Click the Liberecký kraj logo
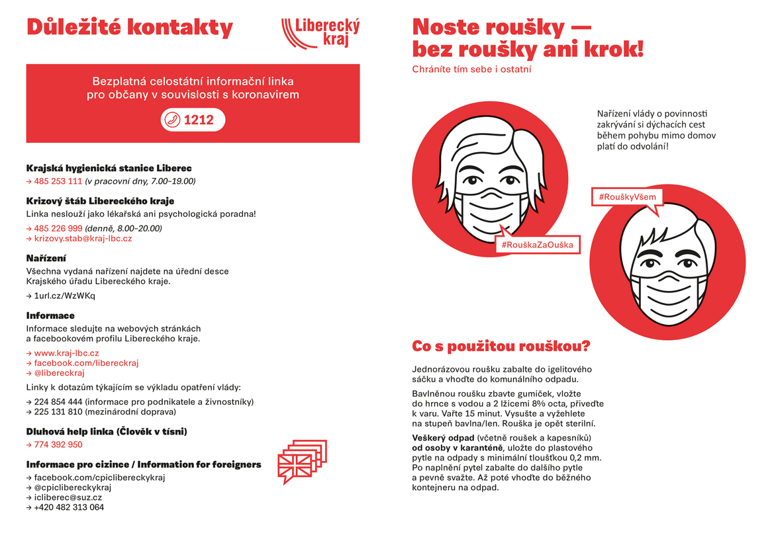point(320,32)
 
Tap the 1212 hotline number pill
point(193,120)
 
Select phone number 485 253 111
point(58,181)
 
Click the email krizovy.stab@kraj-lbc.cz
point(83,238)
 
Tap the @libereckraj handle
point(59,373)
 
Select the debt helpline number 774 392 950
point(58,444)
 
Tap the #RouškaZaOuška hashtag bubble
point(537,245)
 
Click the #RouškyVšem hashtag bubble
point(626,197)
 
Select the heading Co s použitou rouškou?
point(501,347)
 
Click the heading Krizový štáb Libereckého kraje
point(100,200)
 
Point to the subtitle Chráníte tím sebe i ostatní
point(471,69)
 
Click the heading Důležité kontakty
point(130,27)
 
